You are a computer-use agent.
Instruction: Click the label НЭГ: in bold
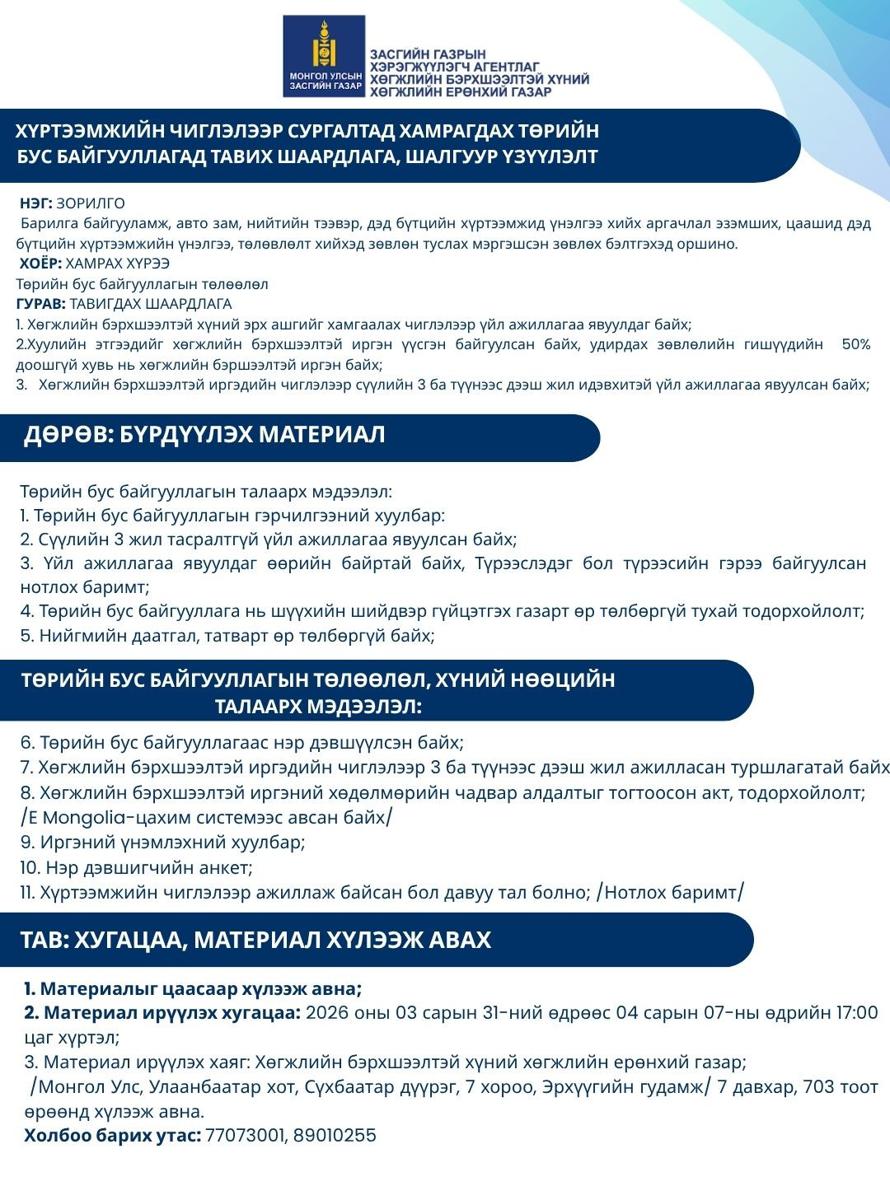(36, 203)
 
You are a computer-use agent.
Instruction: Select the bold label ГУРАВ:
(42, 304)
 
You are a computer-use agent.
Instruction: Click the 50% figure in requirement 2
(855, 344)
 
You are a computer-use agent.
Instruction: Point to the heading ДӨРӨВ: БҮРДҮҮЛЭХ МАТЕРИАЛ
(204, 436)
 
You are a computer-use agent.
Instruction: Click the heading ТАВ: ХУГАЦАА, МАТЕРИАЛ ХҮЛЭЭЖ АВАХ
(255, 940)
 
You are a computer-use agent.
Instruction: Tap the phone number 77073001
(242, 1135)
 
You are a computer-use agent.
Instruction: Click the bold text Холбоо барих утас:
(112, 1135)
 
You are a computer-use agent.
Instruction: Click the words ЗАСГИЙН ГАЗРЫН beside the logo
(428, 55)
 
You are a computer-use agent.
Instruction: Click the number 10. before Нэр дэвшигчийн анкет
(30, 868)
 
